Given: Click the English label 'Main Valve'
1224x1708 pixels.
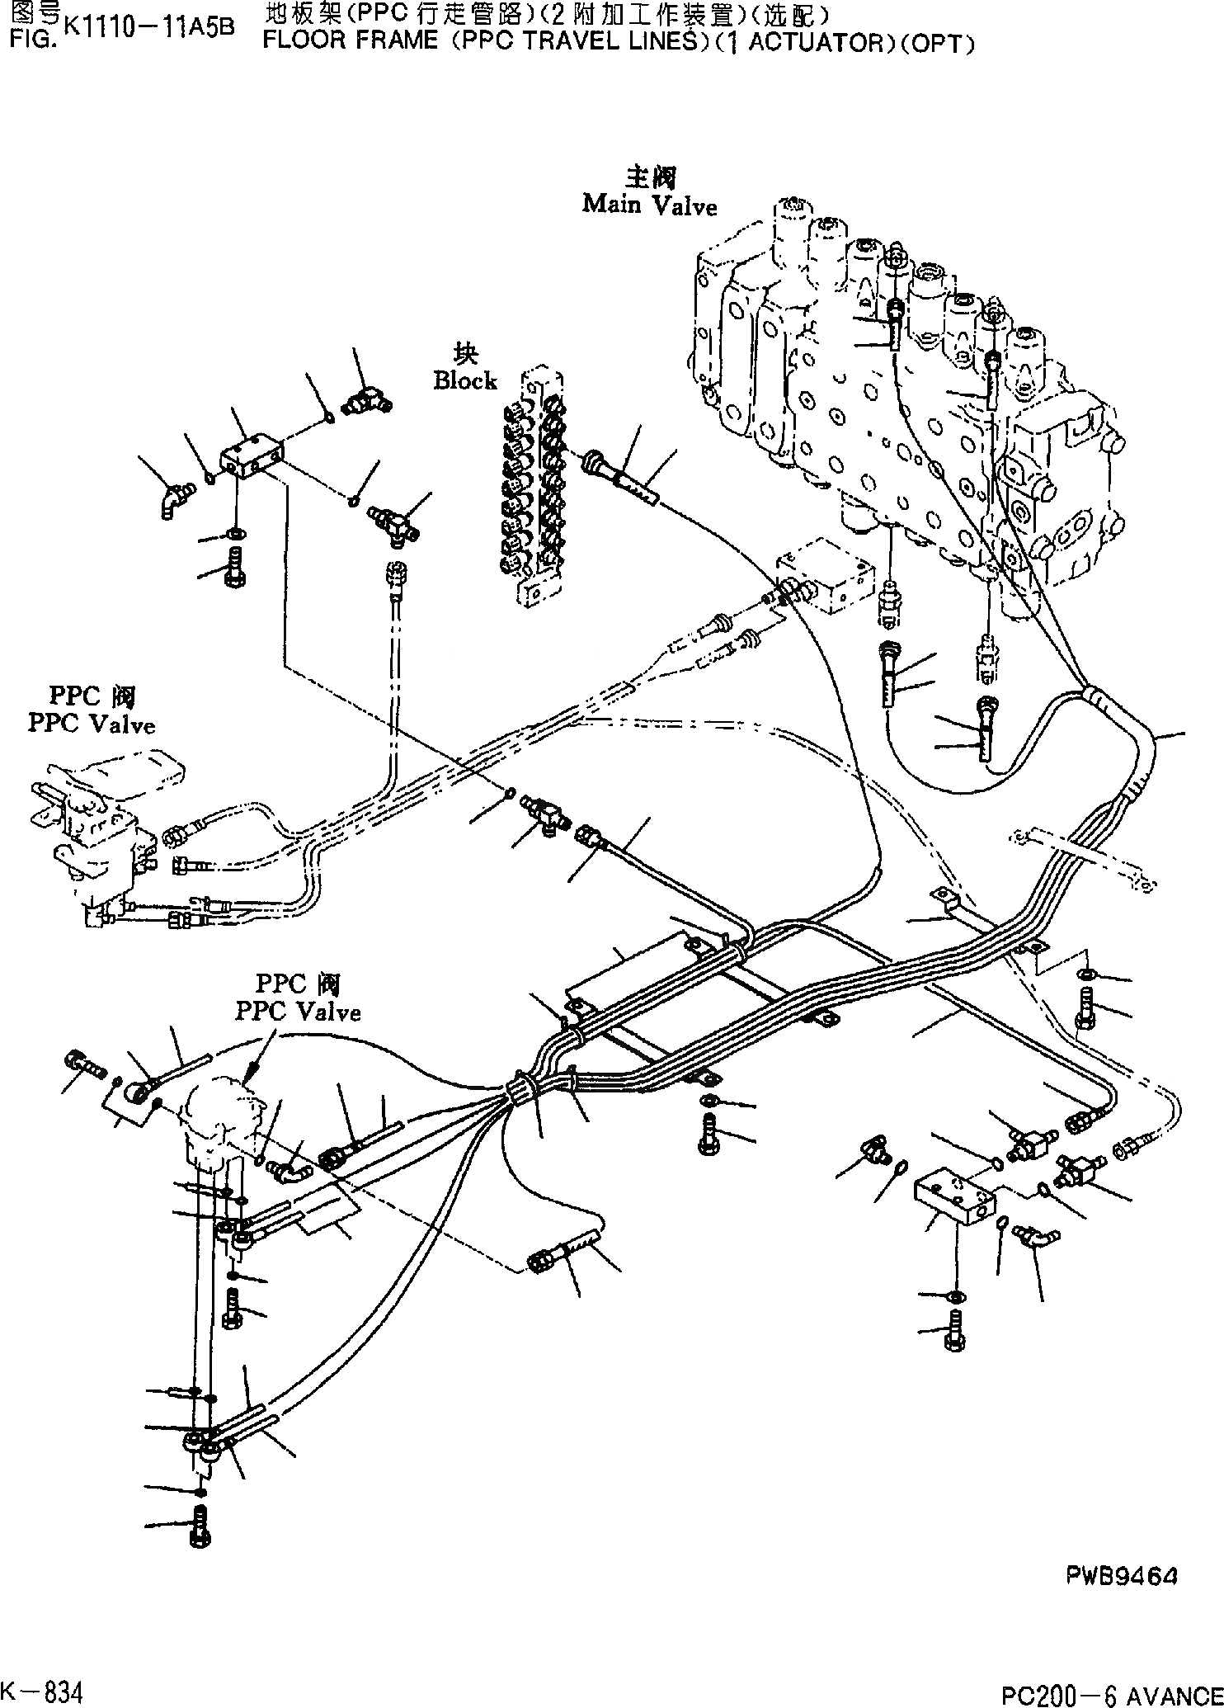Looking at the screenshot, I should (x=649, y=205).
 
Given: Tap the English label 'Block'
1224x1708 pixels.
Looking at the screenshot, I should (x=465, y=380).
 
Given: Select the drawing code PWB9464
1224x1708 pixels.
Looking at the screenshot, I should (x=1123, y=1576).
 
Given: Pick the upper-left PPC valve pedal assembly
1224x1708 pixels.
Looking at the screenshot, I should (x=91, y=825).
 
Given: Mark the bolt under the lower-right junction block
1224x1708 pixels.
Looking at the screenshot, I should (x=954, y=1333).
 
